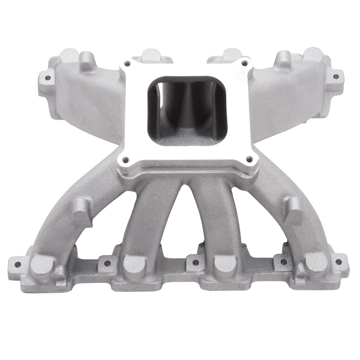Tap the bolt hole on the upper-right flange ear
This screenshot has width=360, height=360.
336,76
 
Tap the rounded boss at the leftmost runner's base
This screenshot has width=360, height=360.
42,265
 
